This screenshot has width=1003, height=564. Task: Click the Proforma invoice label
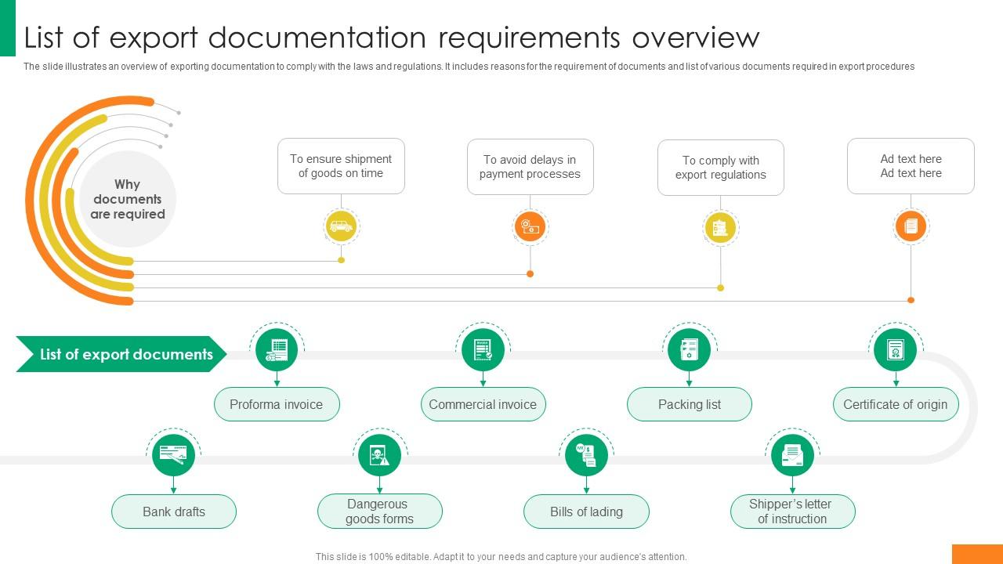pyautogui.click(x=277, y=404)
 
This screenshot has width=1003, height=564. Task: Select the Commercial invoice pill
pyautogui.click(x=483, y=404)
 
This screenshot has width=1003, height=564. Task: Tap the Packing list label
pyautogui.click(x=690, y=404)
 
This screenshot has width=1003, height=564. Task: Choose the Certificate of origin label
pyautogui.click(x=896, y=404)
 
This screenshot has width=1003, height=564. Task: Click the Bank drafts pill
pyautogui.click(x=174, y=512)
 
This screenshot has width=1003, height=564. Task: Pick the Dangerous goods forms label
pyautogui.click(x=380, y=512)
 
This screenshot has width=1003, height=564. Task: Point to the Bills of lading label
pyautogui.click(x=586, y=512)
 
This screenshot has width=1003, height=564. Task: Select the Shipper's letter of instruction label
pyautogui.click(x=792, y=512)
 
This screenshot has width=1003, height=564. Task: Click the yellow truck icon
pyautogui.click(x=341, y=226)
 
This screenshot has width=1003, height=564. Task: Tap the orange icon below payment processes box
pyautogui.click(x=530, y=226)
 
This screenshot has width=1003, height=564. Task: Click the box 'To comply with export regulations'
pyautogui.click(x=721, y=168)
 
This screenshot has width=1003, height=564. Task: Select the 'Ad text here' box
pyautogui.click(x=911, y=166)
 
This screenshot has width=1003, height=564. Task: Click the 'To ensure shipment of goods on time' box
pyautogui.click(x=341, y=166)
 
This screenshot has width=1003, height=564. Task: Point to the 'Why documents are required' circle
pyautogui.click(x=128, y=199)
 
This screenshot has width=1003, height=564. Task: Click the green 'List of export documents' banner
pyautogui.click(x=122, y=354)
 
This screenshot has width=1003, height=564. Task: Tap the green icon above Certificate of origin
pyautogui.click(x=896, y=349)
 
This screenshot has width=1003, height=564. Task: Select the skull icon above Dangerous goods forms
pyautogui.click(x=380, y=455)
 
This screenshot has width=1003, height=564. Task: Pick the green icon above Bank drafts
pyautogui.click(x=173, y=455)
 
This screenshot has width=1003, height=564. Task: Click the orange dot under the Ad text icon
pyautogui.click(x=911, y=300)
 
